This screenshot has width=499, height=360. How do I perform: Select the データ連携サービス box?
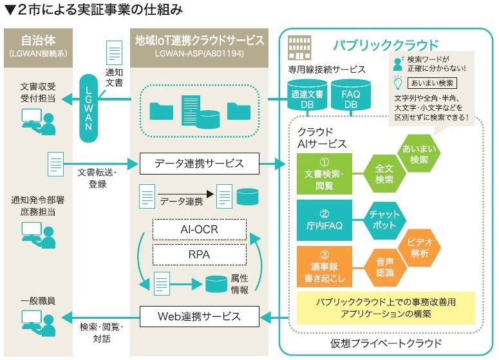point(199,162)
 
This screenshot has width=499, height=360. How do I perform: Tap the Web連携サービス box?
point(199,316)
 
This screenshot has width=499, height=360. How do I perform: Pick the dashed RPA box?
point(200,254)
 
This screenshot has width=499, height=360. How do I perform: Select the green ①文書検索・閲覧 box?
point(325,175)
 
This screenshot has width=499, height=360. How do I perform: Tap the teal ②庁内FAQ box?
point(325,220)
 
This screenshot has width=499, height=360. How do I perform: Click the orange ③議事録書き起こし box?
point(325,267)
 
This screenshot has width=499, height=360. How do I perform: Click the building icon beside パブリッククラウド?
point(298,46)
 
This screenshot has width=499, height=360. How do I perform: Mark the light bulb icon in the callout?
point(397,82)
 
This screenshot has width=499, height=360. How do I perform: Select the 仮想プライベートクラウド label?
point(386,343)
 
